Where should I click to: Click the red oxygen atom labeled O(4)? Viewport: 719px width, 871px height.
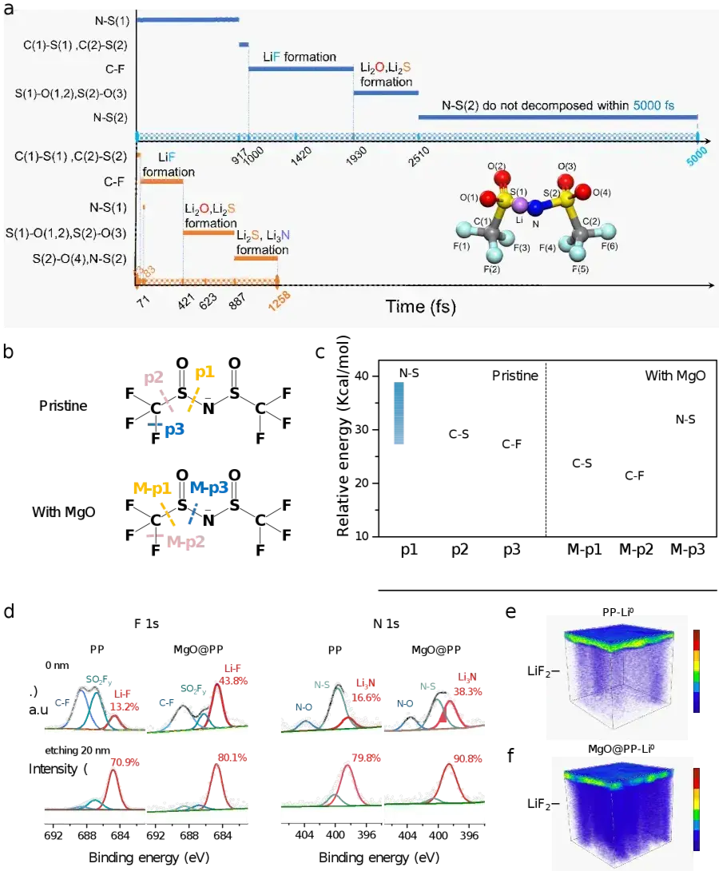point(583,190)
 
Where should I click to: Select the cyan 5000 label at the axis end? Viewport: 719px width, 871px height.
point(697,159)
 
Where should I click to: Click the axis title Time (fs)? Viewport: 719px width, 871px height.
point(420,306)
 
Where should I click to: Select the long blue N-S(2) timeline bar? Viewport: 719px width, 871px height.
point(558,117)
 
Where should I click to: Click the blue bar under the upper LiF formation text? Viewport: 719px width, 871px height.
point(300,69)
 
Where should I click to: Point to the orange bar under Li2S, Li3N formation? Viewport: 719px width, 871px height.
point(256,258)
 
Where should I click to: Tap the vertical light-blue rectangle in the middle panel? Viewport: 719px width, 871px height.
point(400,412)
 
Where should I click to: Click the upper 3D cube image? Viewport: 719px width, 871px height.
point(615,678)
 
